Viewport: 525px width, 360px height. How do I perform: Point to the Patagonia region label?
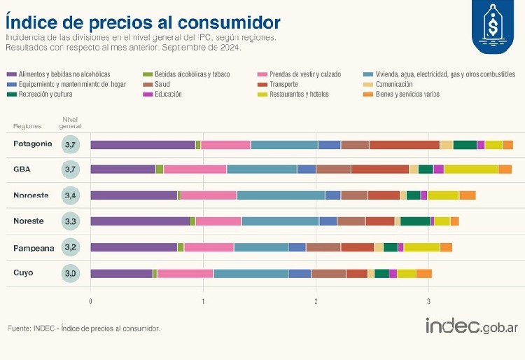(x=32, y=144)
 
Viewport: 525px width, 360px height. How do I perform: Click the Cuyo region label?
(x=23, y=272)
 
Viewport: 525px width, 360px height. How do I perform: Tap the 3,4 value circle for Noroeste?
(x=70, y=195)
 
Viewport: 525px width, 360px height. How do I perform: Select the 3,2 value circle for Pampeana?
(x=70, y=247)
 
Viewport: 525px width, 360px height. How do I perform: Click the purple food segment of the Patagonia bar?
(x=143, y=145)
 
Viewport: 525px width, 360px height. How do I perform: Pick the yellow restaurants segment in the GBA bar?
(x=470, y=169)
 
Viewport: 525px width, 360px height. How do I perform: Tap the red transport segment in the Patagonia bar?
(x=404, y=145)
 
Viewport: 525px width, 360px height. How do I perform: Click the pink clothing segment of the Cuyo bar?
(x=185, y=273)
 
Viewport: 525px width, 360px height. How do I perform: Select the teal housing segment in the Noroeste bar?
(x=281, y=195)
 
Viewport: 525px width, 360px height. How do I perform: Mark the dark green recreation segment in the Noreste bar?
(x=415, y=221)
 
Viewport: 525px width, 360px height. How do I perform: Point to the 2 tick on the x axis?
(x=316, y=301)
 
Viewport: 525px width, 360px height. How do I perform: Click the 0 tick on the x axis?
(x=90, y=301)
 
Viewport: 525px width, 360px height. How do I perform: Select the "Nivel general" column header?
(x=71, y=123)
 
